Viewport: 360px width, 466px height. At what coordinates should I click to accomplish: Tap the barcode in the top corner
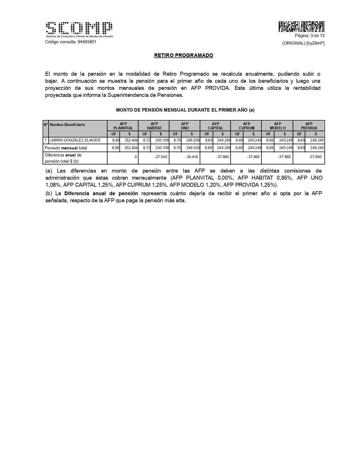(x=301, y=27)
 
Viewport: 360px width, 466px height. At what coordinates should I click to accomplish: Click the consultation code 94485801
(x=87, y=42)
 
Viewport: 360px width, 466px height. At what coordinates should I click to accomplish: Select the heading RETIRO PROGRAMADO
(x=184, y=55)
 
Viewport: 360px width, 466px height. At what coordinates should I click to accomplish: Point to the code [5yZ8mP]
(x=315, y=43)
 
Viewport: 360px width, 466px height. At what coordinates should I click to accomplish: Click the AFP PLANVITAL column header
(x=123, y=126)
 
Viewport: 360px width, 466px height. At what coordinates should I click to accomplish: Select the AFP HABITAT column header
(x=154, y=126)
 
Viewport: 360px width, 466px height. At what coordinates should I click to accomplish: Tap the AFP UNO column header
(x=185, y=126)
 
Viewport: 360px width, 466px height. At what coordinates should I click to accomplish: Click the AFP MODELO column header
(x=278, y=126)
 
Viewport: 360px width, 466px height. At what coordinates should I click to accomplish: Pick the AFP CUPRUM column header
(x=246, y=126)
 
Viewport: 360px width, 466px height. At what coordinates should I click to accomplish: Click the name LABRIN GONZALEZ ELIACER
(x=75, y=140)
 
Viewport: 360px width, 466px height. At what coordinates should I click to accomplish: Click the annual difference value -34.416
(x=192, y=157)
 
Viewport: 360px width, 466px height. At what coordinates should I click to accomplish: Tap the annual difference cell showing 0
(x=136, y=157)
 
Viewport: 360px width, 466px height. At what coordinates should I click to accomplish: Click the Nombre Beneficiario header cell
(x=67, y=125)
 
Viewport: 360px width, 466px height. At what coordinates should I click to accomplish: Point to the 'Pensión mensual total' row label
(x=66, y=148)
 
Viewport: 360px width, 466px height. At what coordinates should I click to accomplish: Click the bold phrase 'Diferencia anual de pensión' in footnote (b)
(x=101, y=193)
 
